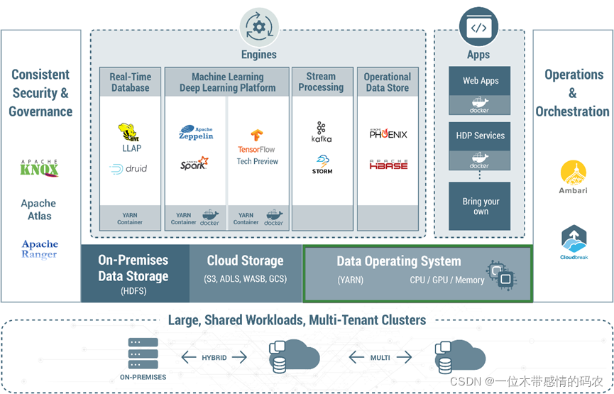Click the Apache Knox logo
click(40, 168)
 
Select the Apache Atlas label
click(40, 209)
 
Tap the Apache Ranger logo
click(40, 248)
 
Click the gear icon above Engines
click(259, 28)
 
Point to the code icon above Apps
click(479, 28)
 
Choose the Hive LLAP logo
click(130, 138)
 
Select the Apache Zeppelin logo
click(196, 133)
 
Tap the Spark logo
click(194, 164)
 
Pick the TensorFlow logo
click(257, 141)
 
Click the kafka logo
click(322, 133)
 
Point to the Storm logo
click(322, 165)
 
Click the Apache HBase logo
click(388, 165)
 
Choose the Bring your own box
click(480, 206)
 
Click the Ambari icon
click(573, 177)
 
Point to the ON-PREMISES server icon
click(143, 351)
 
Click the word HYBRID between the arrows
click(214, 358)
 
